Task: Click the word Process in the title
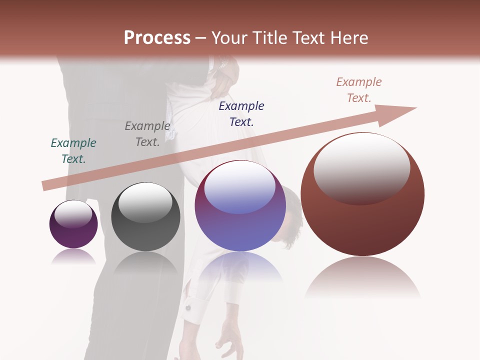(157, 37)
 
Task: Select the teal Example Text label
(73, 150)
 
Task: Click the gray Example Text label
(147, 133)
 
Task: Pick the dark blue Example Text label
(241, 113)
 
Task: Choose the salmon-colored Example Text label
(359, 89)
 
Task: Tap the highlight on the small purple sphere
(73, 214)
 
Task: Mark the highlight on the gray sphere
(145, 201)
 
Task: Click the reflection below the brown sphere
(362, 277)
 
